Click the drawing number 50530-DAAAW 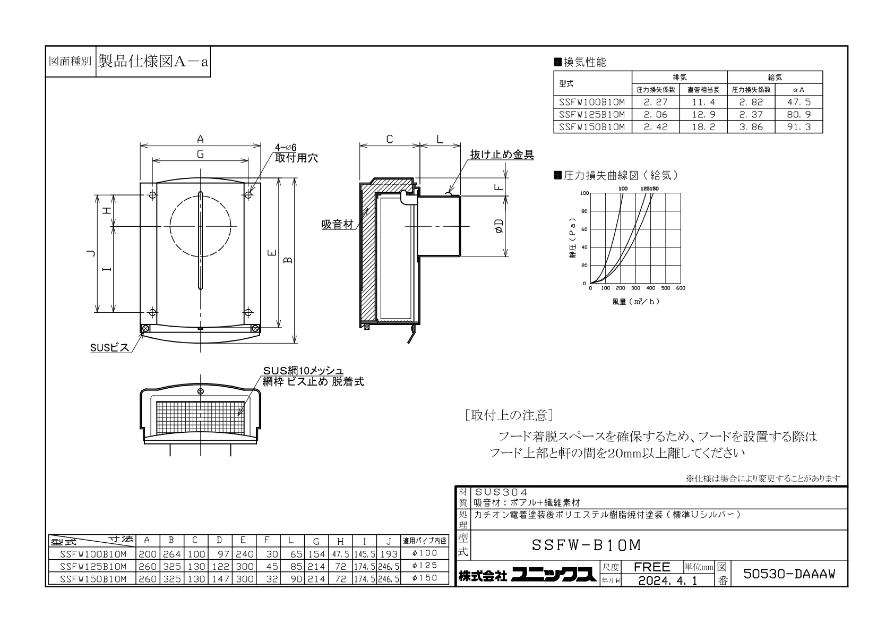pos(789,574)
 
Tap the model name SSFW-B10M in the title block pos(586,545)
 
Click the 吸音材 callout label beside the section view pos(338,225)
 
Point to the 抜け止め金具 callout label pos(502,155)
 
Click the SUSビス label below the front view pos(110,348)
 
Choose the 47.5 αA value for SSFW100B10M pos(798,102)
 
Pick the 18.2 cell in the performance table pos(703,127)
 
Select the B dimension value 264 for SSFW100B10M pos(172,554)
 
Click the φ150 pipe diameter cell pos(425,578)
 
